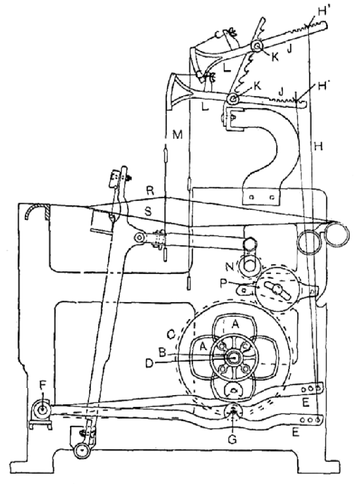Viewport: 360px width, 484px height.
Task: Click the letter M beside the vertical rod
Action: [177, 135]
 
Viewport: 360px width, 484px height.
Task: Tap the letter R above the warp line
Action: [150, 191]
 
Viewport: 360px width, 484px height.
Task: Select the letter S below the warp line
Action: [149, 211]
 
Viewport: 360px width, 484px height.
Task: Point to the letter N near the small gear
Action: [230, 268]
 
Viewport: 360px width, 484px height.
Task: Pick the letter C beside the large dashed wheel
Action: [171, 334]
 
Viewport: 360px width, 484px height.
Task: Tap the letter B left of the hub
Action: [162, 352]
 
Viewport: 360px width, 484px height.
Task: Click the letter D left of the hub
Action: [149, 364]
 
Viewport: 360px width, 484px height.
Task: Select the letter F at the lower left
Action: [43, 385]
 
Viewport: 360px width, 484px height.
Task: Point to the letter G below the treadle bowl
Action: [232, 439]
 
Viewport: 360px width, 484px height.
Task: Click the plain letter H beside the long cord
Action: [318, 146]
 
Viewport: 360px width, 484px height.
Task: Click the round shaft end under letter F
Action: [42, 410]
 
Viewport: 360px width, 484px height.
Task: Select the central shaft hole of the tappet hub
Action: [234, 358]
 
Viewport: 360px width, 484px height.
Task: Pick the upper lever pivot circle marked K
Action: [257, 46]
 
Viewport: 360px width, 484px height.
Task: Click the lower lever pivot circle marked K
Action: [234, 99]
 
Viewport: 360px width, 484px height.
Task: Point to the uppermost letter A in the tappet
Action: [236, 324]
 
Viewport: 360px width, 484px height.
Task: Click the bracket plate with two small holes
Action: [262, 197]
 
